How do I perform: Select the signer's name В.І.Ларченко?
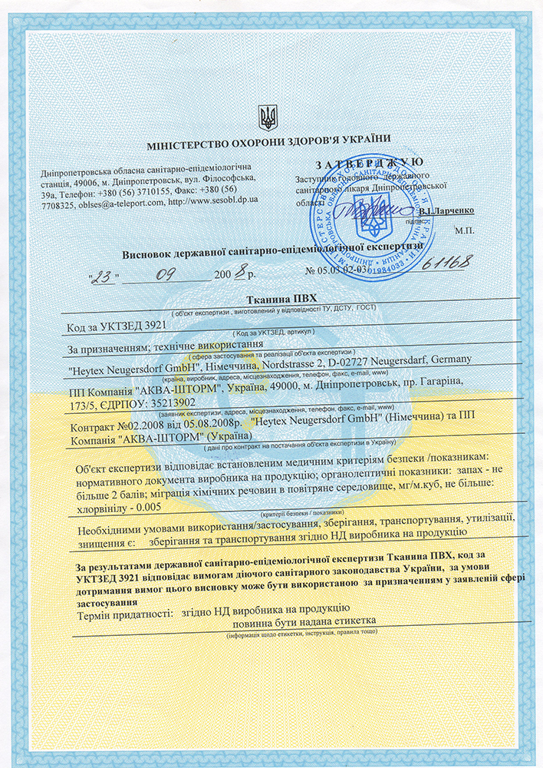coord(448,210)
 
